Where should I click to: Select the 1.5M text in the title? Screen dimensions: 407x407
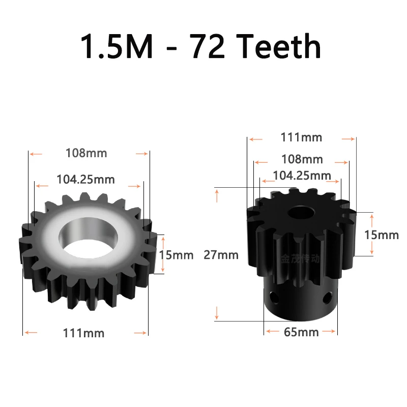click(117, 46)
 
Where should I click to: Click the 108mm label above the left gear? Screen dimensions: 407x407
click(86, 153)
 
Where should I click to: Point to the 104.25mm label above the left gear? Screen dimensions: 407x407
click(85, 180)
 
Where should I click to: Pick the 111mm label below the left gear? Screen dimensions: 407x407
click(83, 333)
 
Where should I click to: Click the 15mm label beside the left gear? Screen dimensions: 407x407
click(177, 255)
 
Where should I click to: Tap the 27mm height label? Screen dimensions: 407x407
click(221, 255)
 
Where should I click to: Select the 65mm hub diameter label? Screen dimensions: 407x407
click(301, 332)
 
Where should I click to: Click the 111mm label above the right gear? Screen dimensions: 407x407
click(301, 137)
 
